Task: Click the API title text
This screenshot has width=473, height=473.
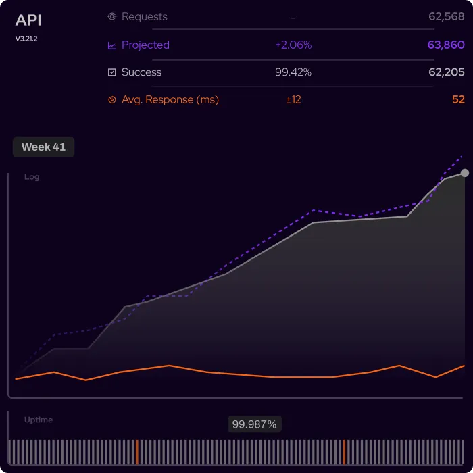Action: click(x=28, y=20)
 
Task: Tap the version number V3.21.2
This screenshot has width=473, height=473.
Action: click(x=26, y=39)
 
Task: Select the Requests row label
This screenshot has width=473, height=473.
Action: click(x=144, y=17)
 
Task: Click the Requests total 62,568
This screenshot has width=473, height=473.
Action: click(x=446, y=17)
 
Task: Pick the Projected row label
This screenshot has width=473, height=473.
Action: click(x=145, y=45)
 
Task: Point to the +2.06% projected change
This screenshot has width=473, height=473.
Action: click(x=293, y=45)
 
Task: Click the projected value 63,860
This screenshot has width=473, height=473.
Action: click(x=446, y=45)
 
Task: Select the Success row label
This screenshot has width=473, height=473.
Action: click(x=141, y=72)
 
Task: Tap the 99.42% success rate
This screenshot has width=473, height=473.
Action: click(x=293, y=72)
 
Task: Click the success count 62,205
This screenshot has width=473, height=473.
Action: click(x=446, y=72)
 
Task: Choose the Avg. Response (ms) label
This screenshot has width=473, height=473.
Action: click(x=170, y=99)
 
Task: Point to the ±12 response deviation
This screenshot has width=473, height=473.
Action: click(x=293, y=99)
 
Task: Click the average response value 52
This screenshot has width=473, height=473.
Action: click(x=458, y=99)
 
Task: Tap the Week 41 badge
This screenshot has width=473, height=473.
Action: click(x=43, y=147)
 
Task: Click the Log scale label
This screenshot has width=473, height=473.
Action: click(x=32, y=177)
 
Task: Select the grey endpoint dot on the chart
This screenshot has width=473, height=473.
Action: click(x=465, y=173)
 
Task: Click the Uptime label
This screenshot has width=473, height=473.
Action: click(x=38, y=420)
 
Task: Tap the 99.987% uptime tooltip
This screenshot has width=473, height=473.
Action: click(x=254, y=424)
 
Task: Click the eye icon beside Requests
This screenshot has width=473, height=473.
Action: click(x=112, y=17)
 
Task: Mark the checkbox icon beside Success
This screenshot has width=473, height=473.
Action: click(x=112, y=72)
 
